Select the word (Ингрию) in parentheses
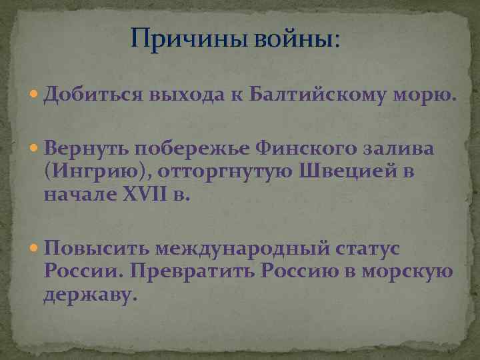[98, 172]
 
